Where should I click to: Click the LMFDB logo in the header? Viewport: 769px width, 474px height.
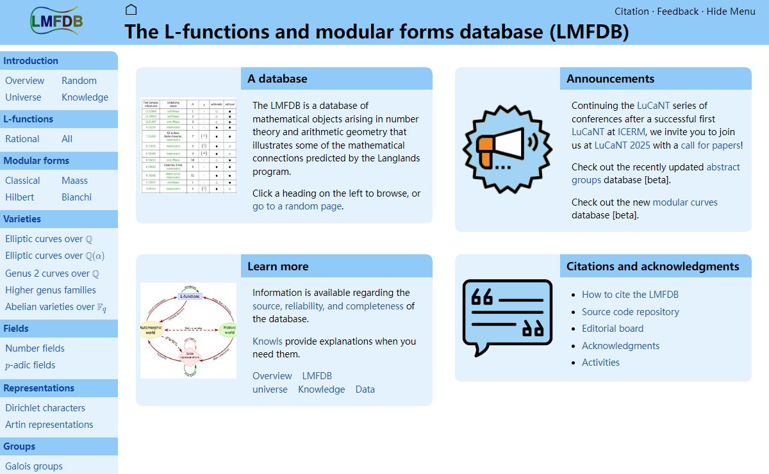(x=56, y=20)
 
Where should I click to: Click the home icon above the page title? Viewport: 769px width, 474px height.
(x=131, y=10)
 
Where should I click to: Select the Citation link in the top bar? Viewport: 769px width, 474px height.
(x=631, y=11)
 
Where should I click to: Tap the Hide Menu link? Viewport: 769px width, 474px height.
(x=731, y=11)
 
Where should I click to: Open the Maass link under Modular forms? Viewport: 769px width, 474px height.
(x=74, y=181)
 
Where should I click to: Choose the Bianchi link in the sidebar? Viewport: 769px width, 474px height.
(x=76, y=197)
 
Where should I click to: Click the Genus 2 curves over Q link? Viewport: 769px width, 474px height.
(x=52, y=274)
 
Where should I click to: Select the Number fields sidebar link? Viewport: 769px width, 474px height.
(x=35, y=348)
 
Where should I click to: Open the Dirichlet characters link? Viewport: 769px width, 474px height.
(x=45, y=408)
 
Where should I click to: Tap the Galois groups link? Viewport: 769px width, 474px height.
(x=34, y=466)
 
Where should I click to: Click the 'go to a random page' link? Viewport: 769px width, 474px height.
(x=297, y=206)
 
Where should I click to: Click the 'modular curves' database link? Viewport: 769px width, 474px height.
(x=685, y=202)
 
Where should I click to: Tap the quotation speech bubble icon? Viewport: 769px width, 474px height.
(x=507, y=317)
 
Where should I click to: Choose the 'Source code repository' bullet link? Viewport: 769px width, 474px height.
(x=630, y=312)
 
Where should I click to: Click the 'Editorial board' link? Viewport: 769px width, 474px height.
(x=612, y=329)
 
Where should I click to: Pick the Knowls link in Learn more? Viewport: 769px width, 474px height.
(x=267, y=341)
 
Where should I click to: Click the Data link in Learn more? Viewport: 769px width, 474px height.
(x=365, y=389)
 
